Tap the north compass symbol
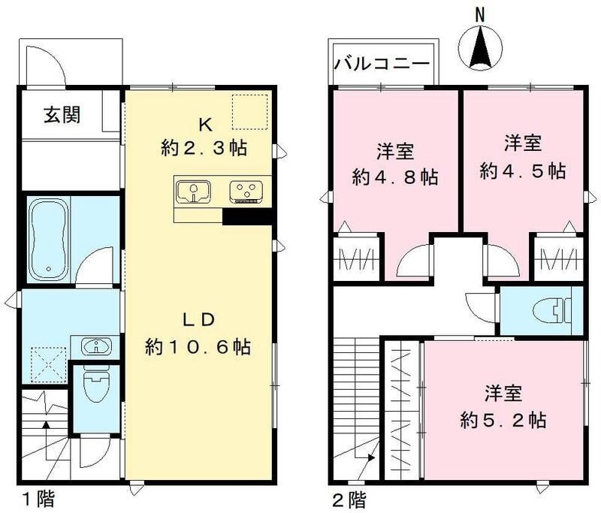[x=479, y=47]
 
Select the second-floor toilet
[x=552, y=310]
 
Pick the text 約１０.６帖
[x=198, y=348]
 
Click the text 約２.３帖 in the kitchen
[x=204, y=148]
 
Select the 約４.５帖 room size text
[x=523, y=170]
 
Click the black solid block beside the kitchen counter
[x=246, y=216]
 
